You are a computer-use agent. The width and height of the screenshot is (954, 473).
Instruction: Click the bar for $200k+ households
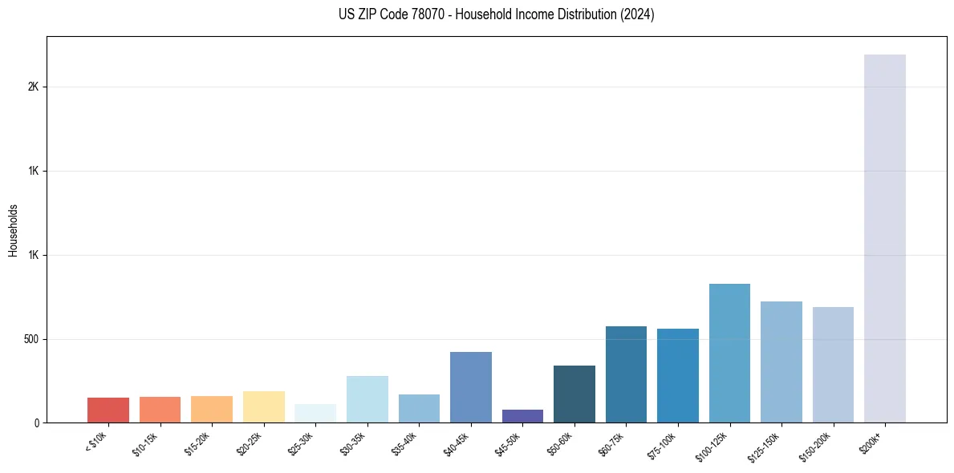[x=885, y=238]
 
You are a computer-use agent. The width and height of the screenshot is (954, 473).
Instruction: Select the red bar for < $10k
[x=108, y=410]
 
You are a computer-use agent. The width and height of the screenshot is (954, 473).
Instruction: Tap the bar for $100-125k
[x=729, y=353]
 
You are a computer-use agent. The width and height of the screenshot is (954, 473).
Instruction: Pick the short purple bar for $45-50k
[x=522, y=416]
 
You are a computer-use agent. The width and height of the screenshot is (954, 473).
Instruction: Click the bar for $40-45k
[x=471, y=387]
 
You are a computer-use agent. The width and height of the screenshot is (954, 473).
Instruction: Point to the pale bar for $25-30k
[x=315, y=414]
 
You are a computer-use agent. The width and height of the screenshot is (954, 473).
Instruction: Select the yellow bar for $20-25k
[x=264, y=406]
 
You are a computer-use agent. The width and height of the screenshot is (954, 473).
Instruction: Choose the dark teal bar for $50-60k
[x=574, y=394]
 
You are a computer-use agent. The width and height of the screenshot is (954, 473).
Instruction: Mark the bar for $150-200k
[x=833, y=365]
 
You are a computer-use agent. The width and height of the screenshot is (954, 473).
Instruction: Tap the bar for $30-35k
[x=367, y=399]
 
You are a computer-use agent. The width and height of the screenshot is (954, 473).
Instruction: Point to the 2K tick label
[x=33, y=87]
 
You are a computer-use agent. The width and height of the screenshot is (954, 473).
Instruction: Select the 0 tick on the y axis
[x=35, y=422]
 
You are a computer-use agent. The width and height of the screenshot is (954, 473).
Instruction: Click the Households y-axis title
[x=13, y=230]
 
